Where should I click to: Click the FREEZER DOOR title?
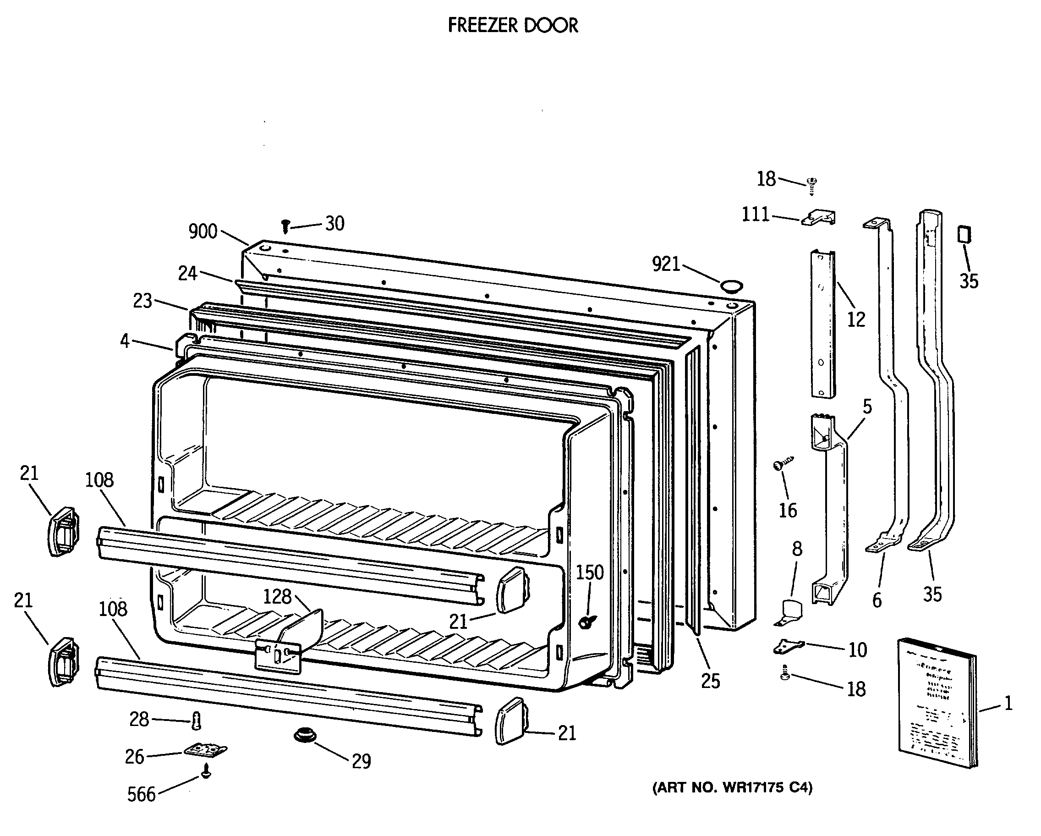click(x=513, y=25)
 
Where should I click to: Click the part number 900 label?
click(x=203, y=232)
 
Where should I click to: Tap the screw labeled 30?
click(x=286, y=225)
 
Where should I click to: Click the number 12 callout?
click(x=856, y=319)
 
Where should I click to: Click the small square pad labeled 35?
click(x=964, y=235)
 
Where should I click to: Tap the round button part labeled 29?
click(x=305, y=736)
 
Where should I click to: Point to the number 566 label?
click(x=142, y=794)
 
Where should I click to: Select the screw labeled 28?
click(x=197, y=721)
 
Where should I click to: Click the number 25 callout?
click(x=710, y=681)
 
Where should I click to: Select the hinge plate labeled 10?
click(x=789, y=646)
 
